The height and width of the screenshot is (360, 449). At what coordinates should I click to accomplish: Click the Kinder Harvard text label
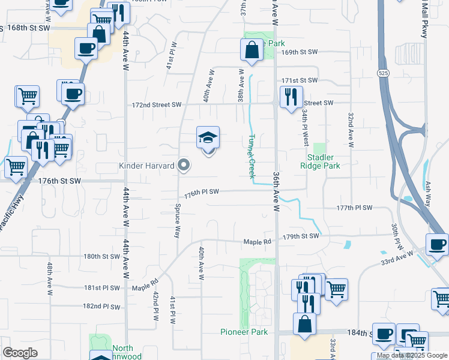pyautogui.click(x=146, y=165)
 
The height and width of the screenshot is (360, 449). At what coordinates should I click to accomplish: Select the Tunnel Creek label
pyautogui.click(x=251, y=155)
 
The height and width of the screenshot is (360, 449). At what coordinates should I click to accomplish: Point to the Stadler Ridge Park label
pyautogui.click(x=320, y=161)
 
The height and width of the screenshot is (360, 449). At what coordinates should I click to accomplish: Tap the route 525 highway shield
pyautogui.click(x=382, y=73)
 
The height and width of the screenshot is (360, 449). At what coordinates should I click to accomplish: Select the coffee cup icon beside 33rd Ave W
pyautogui.click(x=436, y=244)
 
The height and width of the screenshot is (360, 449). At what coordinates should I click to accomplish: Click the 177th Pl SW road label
pyautogui.click(x=354, y=208)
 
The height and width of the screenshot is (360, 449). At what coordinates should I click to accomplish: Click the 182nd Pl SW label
pyautogui.click(x=101, y=306)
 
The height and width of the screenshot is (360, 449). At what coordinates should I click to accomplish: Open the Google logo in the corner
pyautogui.click(x=20, y=353)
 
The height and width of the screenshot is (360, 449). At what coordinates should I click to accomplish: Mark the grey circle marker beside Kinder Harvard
pyautogui.click(x=184, y=165)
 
